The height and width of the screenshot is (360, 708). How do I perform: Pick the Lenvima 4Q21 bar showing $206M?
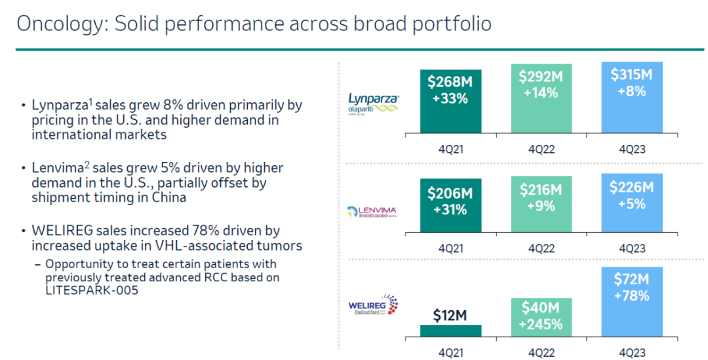click(450, 205)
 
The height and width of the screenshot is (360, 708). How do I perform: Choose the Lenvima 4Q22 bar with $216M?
click(541, 203)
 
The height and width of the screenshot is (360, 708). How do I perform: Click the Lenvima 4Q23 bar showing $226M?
click(631, 201)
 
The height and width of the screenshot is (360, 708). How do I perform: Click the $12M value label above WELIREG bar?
click(450, 315)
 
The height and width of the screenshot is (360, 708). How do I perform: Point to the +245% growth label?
click(541, 325)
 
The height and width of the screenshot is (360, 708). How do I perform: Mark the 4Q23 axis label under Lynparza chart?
click(631, 150)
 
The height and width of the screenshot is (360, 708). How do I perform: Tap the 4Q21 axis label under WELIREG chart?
click(450, 352)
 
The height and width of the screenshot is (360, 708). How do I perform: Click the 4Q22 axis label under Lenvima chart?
click(541, 249)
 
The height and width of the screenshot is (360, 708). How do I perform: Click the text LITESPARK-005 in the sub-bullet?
click(92, 290)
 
